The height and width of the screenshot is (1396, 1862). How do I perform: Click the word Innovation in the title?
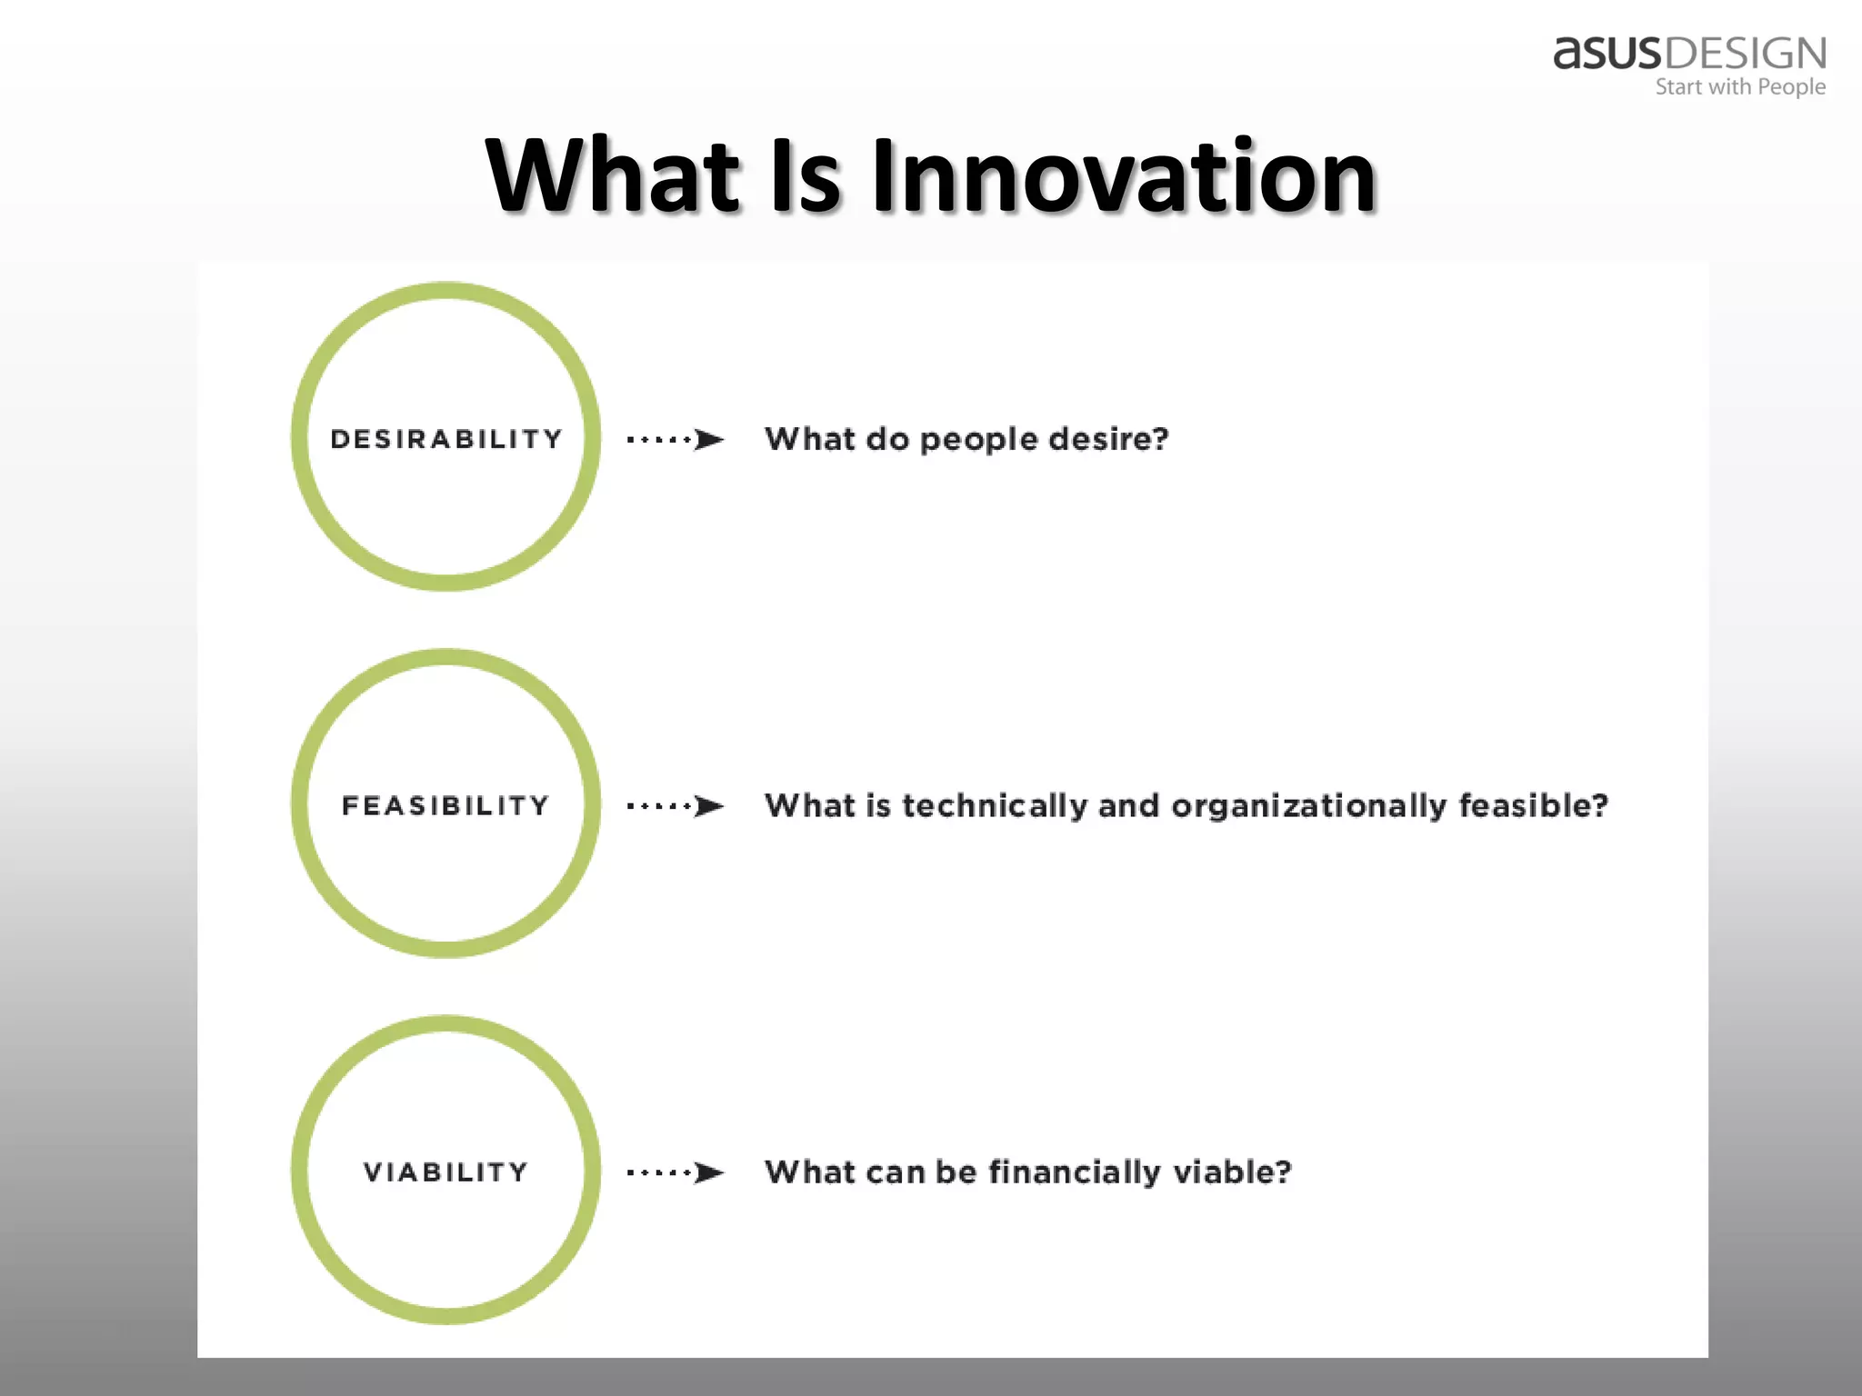pyautogui.click(x=1124, y=175)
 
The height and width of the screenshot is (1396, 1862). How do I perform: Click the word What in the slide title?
pyautogui.click(x=613, y=175)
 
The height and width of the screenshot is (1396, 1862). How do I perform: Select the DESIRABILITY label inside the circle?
pyautogui.click(x=446, y=439)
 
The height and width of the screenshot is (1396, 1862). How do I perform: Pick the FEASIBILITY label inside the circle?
pyautogui.click(x=446, y=805)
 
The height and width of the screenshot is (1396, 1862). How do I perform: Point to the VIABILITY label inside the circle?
pyautogui.click(x=446, y=1172)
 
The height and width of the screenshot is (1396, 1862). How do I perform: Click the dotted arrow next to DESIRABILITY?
pyautogui.click(x=675, y=440)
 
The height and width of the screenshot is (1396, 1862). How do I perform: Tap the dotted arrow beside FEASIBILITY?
pyautogui.click(x=675, y=806)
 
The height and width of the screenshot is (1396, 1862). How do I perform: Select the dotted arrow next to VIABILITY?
pyautogui.click(x=675, y=1172)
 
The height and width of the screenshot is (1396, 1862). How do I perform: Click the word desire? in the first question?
pyautogui.click(x=1108, y=439)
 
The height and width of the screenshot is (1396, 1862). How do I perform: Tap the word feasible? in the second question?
pyautogui.click(x=1534, y=805)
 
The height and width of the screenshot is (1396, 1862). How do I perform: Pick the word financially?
pyautogui.click(x=1074, y=1172)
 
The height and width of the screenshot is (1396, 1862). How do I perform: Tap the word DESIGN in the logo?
pyautogui.click(x=1745, y=55)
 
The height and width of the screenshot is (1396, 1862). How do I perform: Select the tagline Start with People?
pyautogui.click(x=1740, y=87)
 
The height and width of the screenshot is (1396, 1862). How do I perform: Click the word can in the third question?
pyautogui.click(x=896, y=1173)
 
